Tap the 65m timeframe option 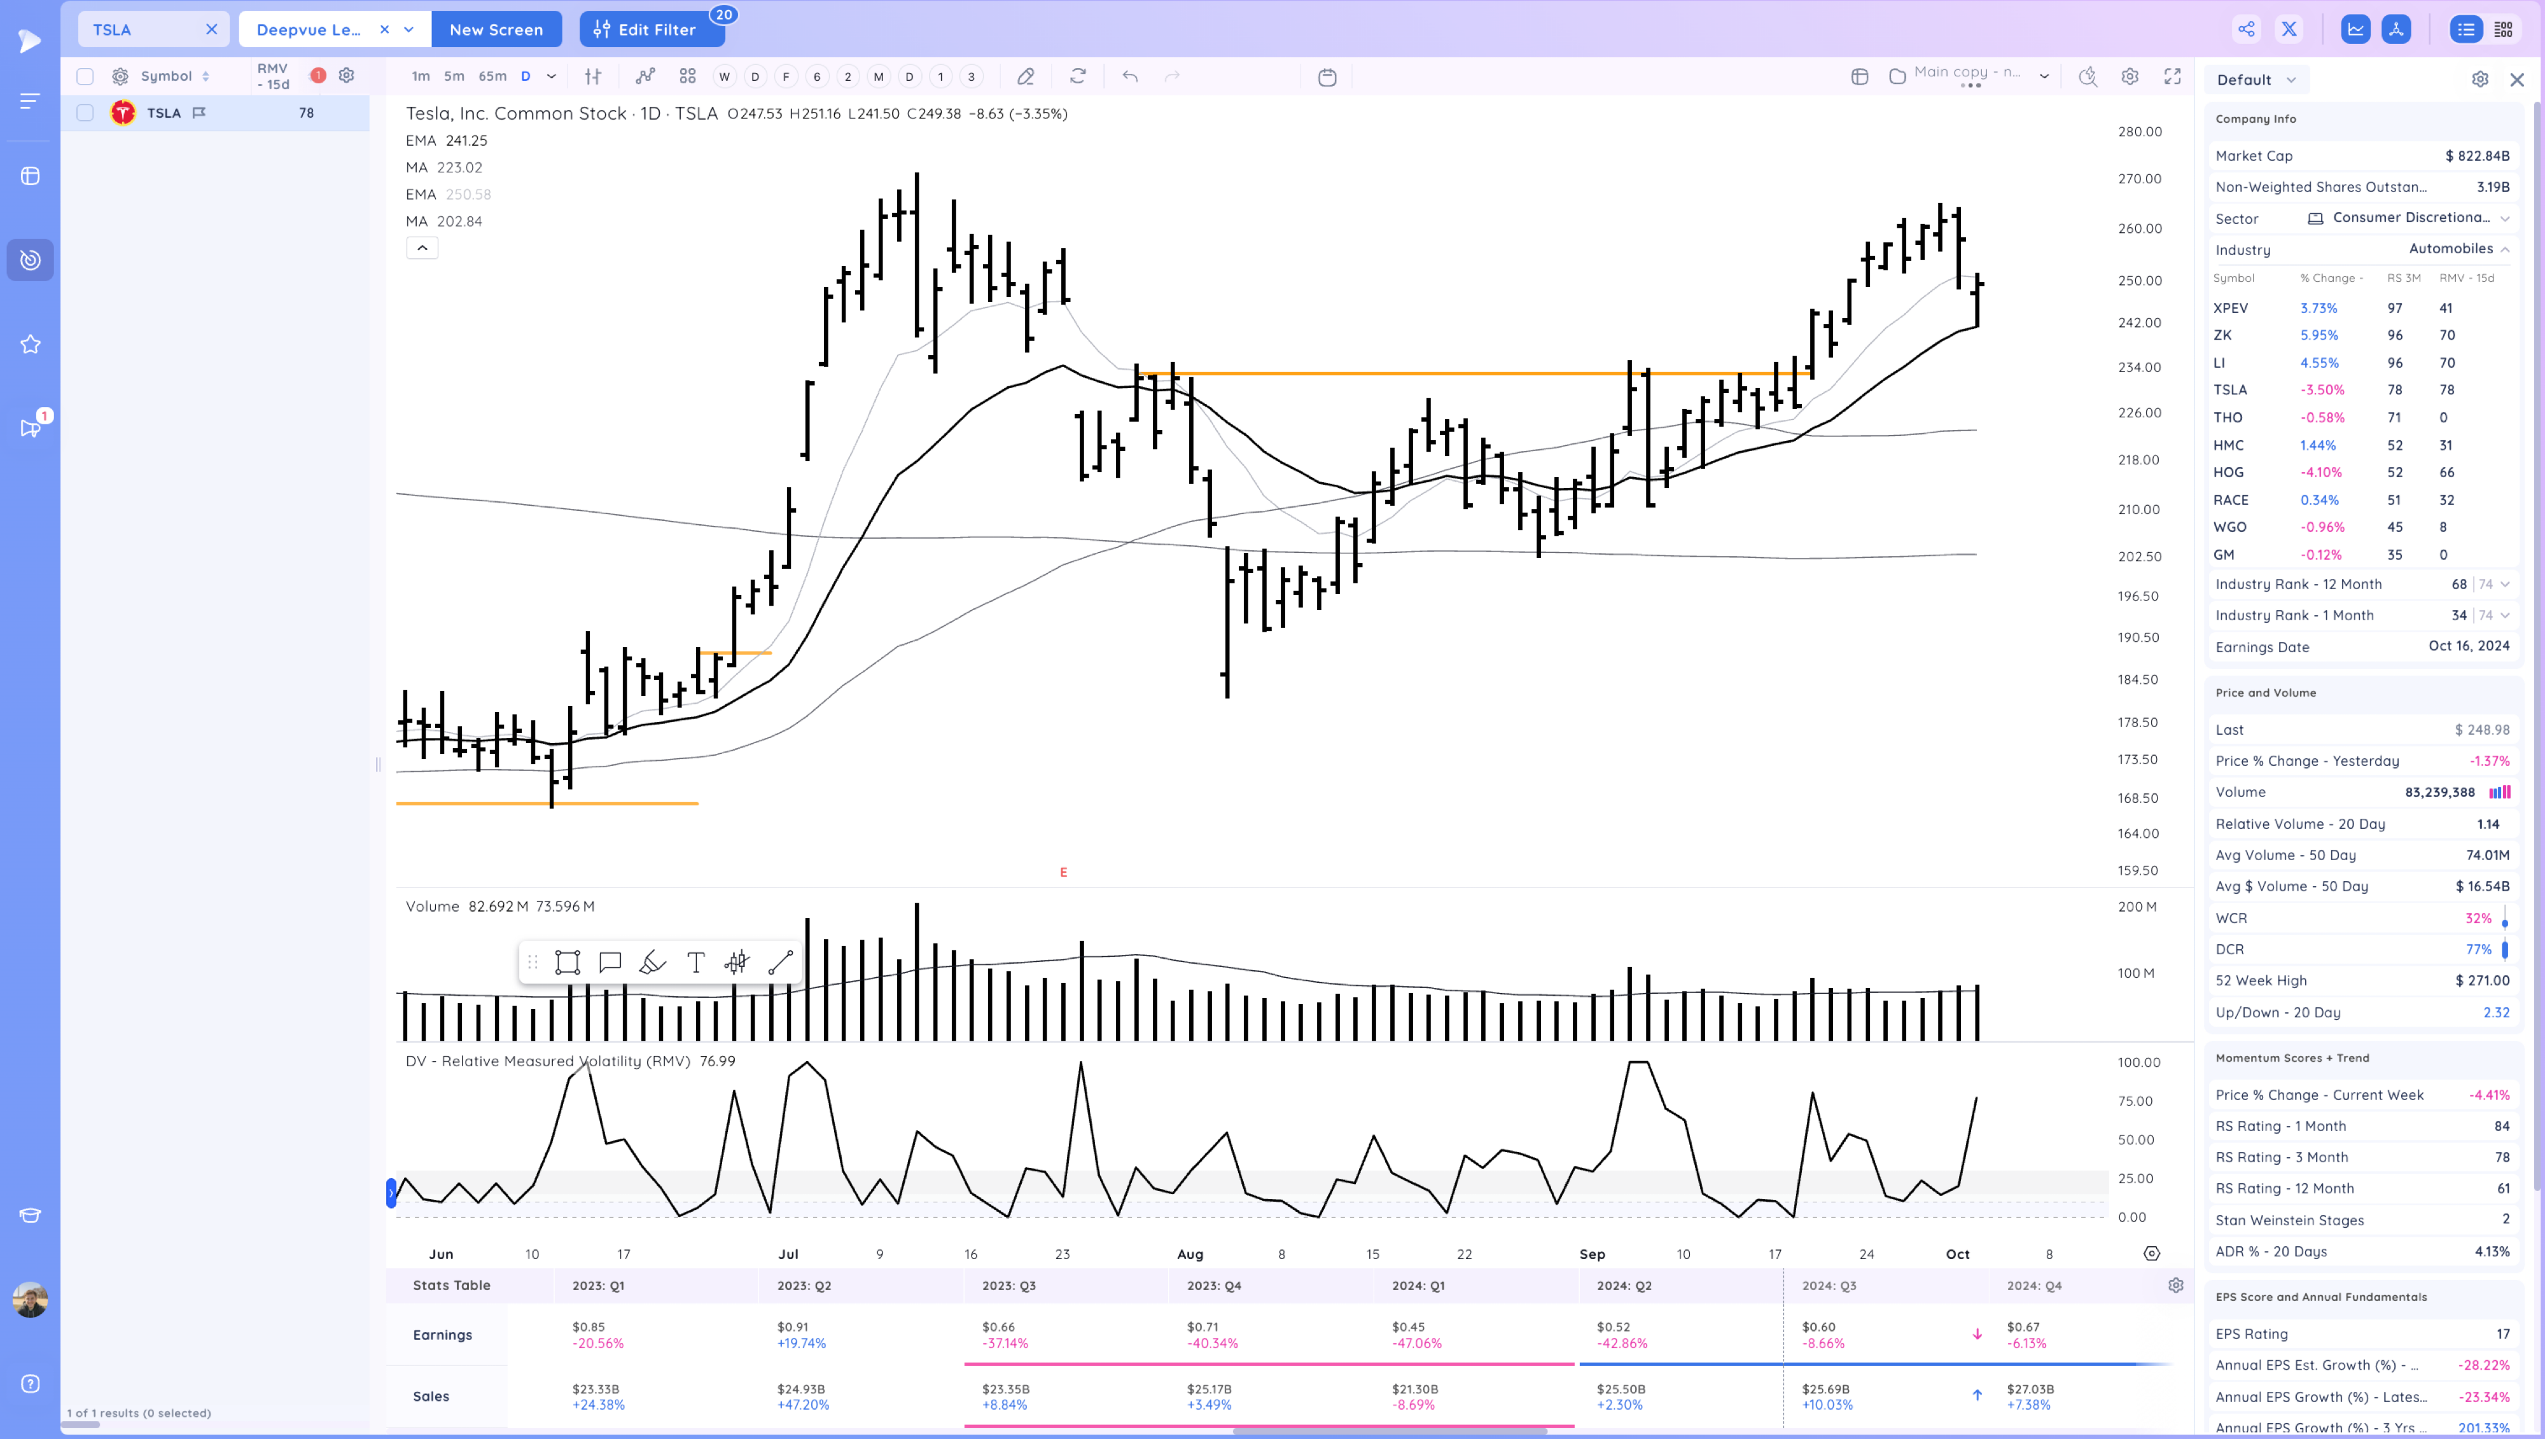492,76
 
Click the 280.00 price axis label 2139,132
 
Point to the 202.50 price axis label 2139,557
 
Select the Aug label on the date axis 1190,1254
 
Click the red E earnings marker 1063,872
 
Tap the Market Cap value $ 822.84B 2477,156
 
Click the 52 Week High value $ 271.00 2482,980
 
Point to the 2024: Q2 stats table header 1624,1286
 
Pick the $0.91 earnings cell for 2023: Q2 793,1327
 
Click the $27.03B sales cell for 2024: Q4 2030,1389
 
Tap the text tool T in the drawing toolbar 695,963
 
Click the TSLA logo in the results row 123,113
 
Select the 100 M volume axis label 2135,973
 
